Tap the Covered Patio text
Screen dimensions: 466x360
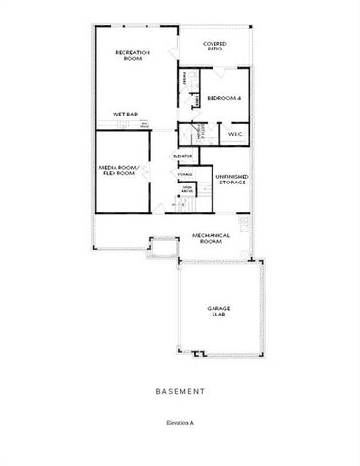tap(214, 47)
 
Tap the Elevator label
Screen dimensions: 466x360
tap(181, 155)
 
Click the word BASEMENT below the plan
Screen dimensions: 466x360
tap(180, 393)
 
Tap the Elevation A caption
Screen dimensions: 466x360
tap(180, 424)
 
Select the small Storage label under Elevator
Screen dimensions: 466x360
tap(184, 173)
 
